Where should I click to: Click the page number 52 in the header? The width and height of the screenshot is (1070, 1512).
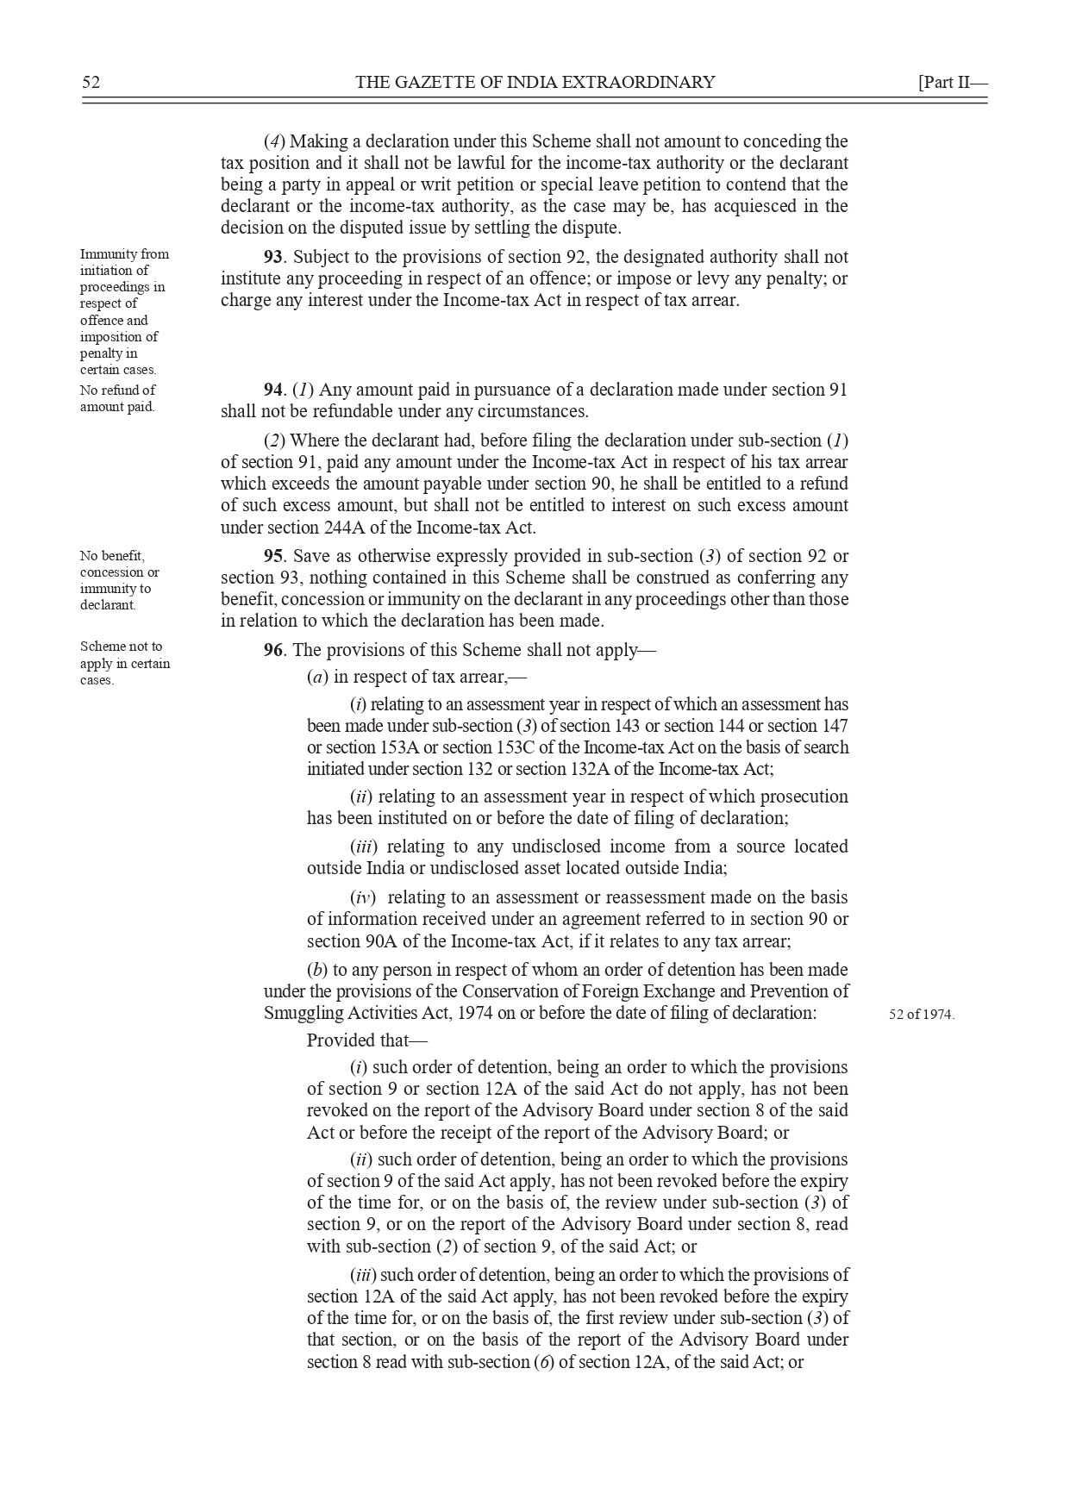click(91, 83)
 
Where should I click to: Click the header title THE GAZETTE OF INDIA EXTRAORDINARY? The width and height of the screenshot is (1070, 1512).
click(535, 83)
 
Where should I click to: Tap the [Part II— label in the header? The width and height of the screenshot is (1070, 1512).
click(952, 83)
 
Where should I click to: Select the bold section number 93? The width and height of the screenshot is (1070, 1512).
click(273, 258)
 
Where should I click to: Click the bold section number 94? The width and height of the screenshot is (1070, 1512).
click(273, 390)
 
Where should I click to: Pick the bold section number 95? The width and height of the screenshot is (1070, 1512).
click(273, 557)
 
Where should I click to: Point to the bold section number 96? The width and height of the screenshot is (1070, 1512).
click(273, 651)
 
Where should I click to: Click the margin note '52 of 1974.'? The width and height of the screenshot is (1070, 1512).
click(922, 1015)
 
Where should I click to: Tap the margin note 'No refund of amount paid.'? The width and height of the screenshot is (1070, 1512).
click(118, 398)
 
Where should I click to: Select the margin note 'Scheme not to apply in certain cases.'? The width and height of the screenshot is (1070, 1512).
click(124, 663)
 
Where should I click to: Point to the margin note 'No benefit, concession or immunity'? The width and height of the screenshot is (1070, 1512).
click(119, 580)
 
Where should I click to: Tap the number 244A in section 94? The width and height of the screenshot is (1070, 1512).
click(391, 528)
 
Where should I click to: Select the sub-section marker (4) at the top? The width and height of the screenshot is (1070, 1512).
click(274, 142)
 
